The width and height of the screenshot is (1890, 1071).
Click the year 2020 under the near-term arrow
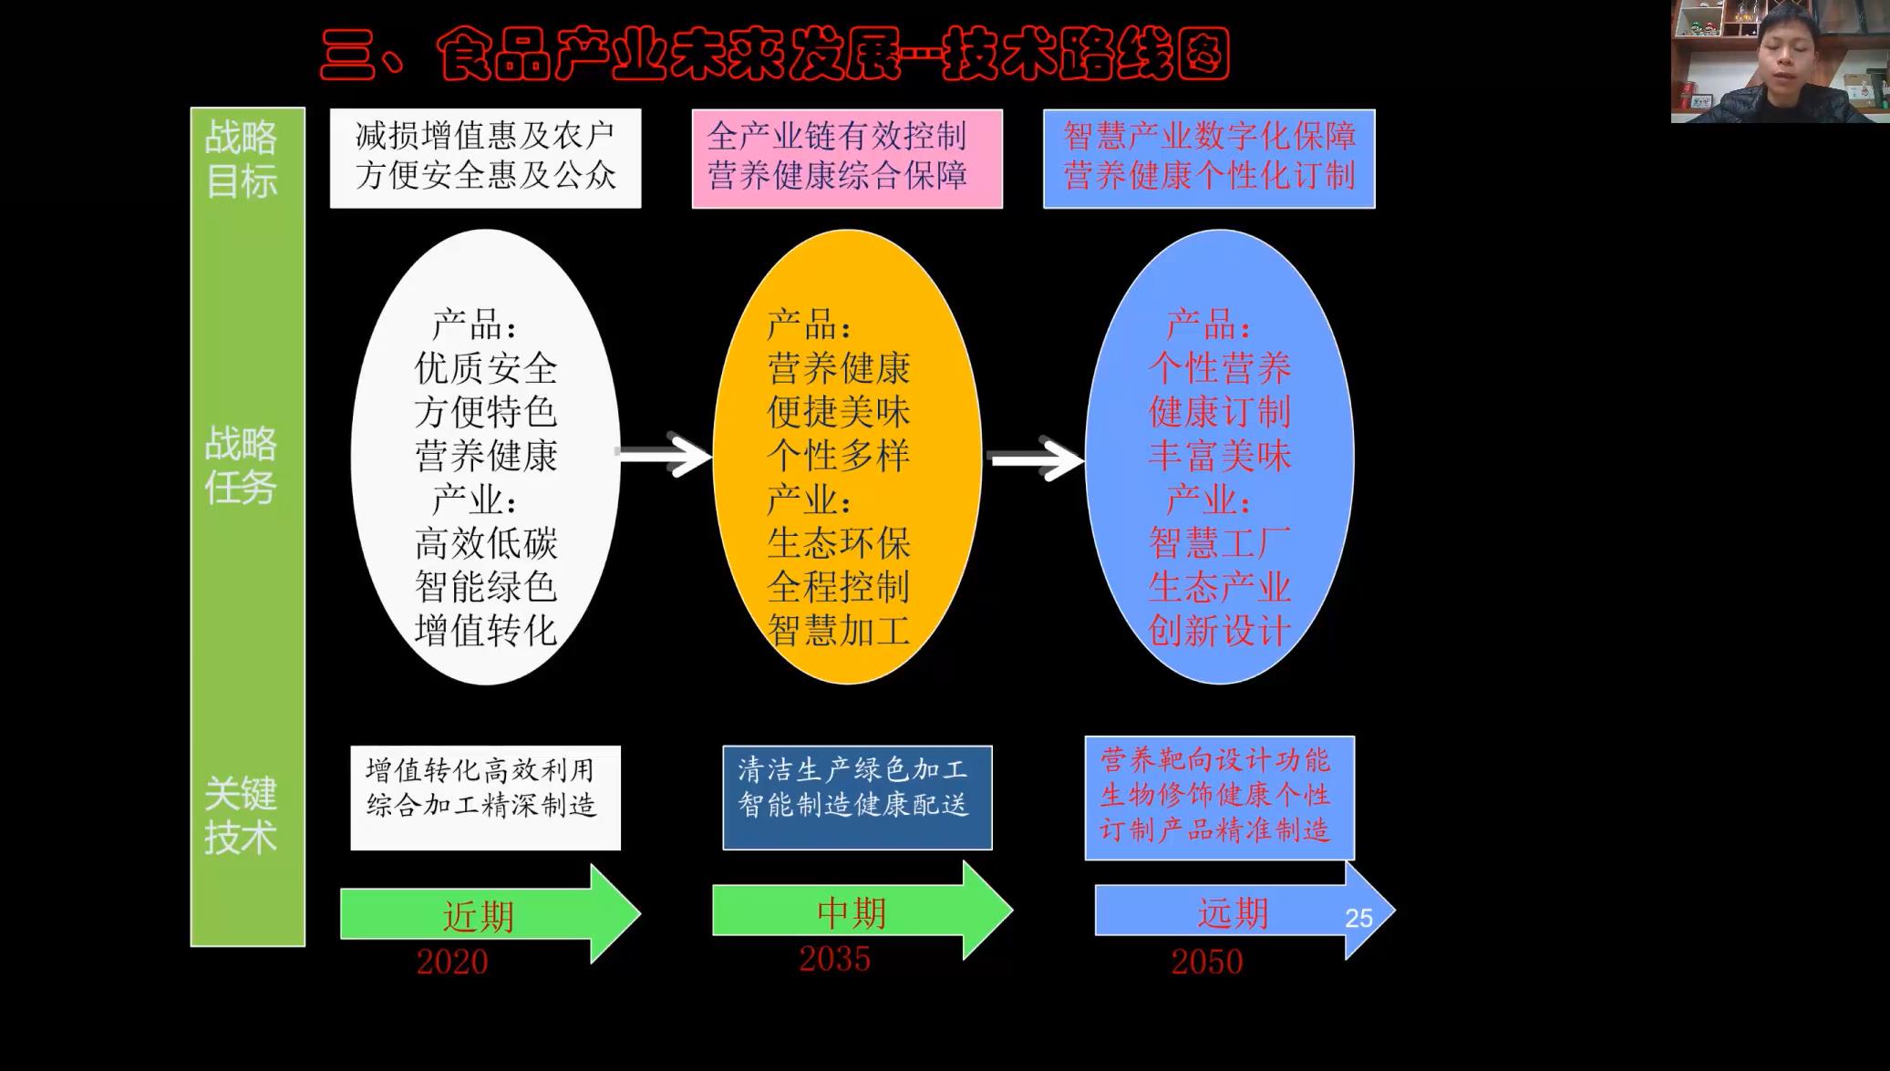452,962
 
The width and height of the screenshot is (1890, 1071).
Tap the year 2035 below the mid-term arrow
834,959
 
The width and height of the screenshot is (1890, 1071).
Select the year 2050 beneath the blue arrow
1206,962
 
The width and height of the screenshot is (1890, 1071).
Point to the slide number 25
1358,918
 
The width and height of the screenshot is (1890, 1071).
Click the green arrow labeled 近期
483,914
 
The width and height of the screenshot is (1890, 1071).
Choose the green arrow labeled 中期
852,911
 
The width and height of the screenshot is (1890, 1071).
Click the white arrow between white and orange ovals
665,454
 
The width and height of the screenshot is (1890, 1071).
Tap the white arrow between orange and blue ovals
1036,458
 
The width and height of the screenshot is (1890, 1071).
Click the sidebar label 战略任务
241,466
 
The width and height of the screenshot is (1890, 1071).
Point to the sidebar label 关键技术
241,816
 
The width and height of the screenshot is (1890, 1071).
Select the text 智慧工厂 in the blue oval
1219,543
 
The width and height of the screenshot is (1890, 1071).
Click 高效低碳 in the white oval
486,543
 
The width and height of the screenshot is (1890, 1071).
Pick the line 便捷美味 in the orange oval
839,412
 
